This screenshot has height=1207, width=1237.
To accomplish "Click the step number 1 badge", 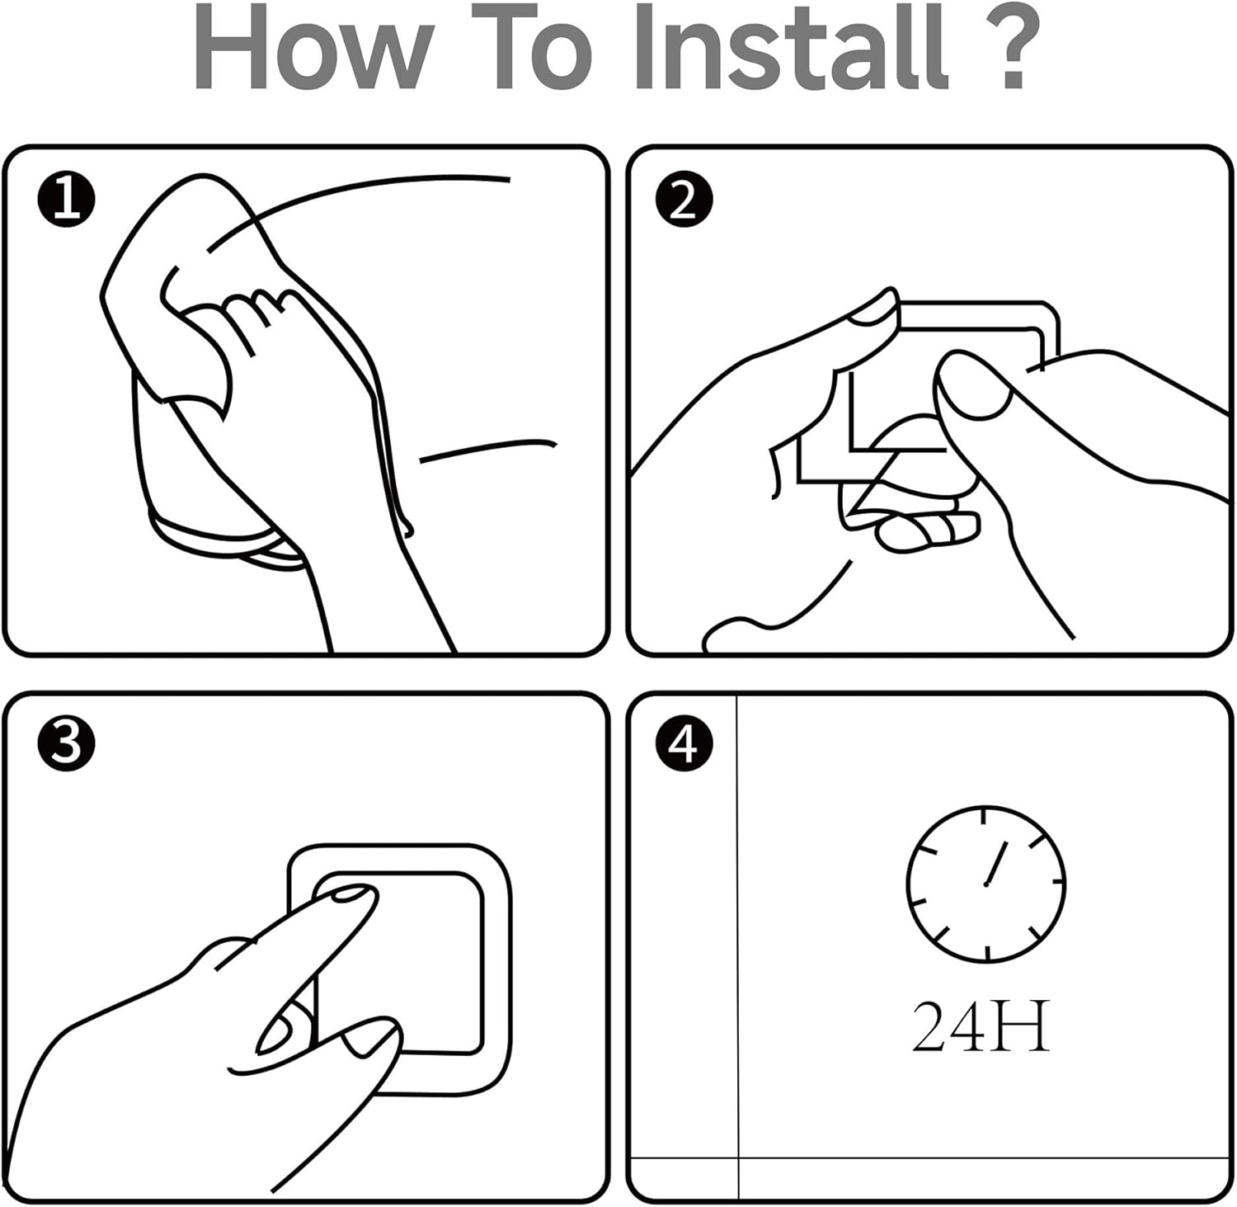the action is [x=66, y=200].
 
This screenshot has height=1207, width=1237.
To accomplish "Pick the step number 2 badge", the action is [x=684, y=200].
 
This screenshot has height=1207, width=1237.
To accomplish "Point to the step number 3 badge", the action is [x=66, y=743].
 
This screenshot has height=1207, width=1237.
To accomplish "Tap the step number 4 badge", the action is [x=684, y=743].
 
